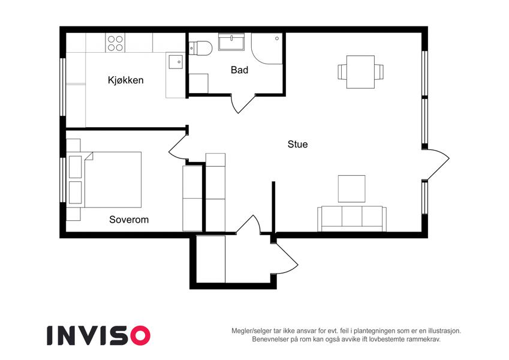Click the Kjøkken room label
126,80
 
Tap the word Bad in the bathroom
240,70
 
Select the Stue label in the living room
298,144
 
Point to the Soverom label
129,220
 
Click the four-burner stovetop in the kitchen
115,43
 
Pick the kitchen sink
175,62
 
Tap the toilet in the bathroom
200,49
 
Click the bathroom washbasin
231,42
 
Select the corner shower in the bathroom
267,49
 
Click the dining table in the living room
360,72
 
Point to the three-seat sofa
352,219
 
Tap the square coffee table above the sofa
351,189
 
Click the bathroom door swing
243,103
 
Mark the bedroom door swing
178,147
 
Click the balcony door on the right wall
436,164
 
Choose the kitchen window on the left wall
63,87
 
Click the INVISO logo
99,335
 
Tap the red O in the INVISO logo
140,335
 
